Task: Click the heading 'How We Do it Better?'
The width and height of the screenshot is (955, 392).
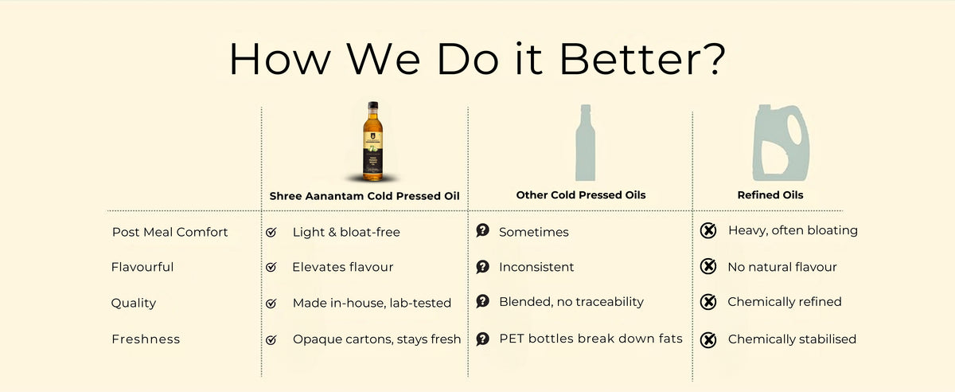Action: pyautogui.click(x=477, y=59)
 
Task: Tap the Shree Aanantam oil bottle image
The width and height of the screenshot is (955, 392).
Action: pyautogui.click(x=372, y=142)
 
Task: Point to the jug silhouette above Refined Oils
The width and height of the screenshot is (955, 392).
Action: pyautogui.click(x=782, y=143)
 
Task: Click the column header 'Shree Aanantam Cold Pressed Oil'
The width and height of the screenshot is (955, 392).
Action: pyautogui.click(x=365, y=195)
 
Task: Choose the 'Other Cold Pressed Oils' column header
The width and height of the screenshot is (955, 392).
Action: pyautogui.click(x=580, y=195)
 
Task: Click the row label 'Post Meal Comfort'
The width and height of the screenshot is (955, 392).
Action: pyautogui.click(x=170, y=232)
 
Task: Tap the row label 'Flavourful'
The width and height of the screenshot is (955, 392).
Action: pyautogui.click(x=142, y=267)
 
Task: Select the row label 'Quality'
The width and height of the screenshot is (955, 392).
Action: pyautogui.click(x=134, y=303)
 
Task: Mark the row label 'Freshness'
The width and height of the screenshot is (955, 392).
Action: pyautogui.click(x=146, y=339)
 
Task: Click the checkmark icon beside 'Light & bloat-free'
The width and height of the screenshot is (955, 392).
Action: pyautogui.click(x=271, y=233)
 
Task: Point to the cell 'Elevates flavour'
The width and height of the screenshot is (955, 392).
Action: pyautogui.click(x=343, y=267)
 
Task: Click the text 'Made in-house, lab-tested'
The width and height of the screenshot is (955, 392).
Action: pyautogui.click(x=372, y=303)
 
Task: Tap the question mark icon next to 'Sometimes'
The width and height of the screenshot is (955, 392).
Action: pyautogui.click(x=482, y=231)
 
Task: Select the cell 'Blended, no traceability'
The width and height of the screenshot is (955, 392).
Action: pyautogui.click(x=571, y=302)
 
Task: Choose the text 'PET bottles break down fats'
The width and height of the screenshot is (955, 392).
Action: pyautogui.click(x=591, y=339)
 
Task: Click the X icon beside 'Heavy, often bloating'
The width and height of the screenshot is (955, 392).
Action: pyautogui.click(x=707, y=231)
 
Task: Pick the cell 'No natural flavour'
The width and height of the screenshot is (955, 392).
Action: pyautogui.click(x=782, y=267)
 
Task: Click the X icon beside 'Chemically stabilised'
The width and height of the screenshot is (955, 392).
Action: pyautogui.click(x=707, y=339)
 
